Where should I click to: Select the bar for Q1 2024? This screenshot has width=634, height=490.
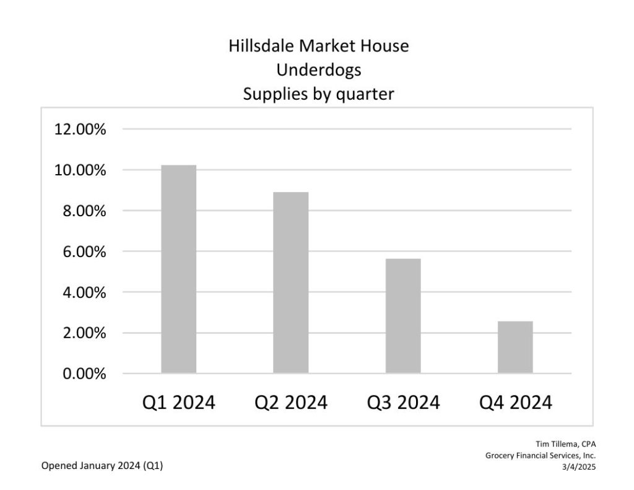pyautogui.click(x=178, y=269)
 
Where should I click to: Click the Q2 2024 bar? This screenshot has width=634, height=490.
pyautogui.click(x=291, y=282)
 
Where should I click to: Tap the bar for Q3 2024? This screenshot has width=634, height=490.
pyautogui.click(x=403, y=316)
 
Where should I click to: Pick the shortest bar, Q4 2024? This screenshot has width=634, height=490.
pyautogui.click(x=515, y=347)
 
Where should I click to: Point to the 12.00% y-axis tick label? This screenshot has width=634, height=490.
pyautogui.click(x=80, y=129)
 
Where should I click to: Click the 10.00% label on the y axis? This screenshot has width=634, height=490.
pyautogui.click(x=80, y=170)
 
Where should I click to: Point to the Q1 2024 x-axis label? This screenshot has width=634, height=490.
pyautogui.click(x=178, y=403)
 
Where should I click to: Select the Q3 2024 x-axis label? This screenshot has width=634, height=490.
pyautogui.click(x=403, y=403)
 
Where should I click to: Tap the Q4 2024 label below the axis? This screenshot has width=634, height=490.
pyautogui.click(x=515, y=403)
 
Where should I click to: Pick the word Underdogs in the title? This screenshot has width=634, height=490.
pyautogui.click(x=318, y=70)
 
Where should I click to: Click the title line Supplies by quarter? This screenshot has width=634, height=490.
pyautogui.click(x=318, y=94)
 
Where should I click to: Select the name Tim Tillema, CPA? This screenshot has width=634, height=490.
pyautogui.click(x=565, y=444)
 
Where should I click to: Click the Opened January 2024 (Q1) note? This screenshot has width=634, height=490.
pyautogui.click(x=102, y=466)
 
